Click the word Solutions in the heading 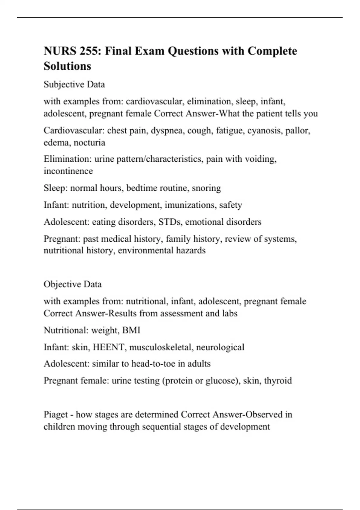pos(67,66)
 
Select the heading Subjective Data pos(74,85)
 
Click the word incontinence pos(68,171)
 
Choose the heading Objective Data pos(73,284)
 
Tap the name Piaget pos(56,415)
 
